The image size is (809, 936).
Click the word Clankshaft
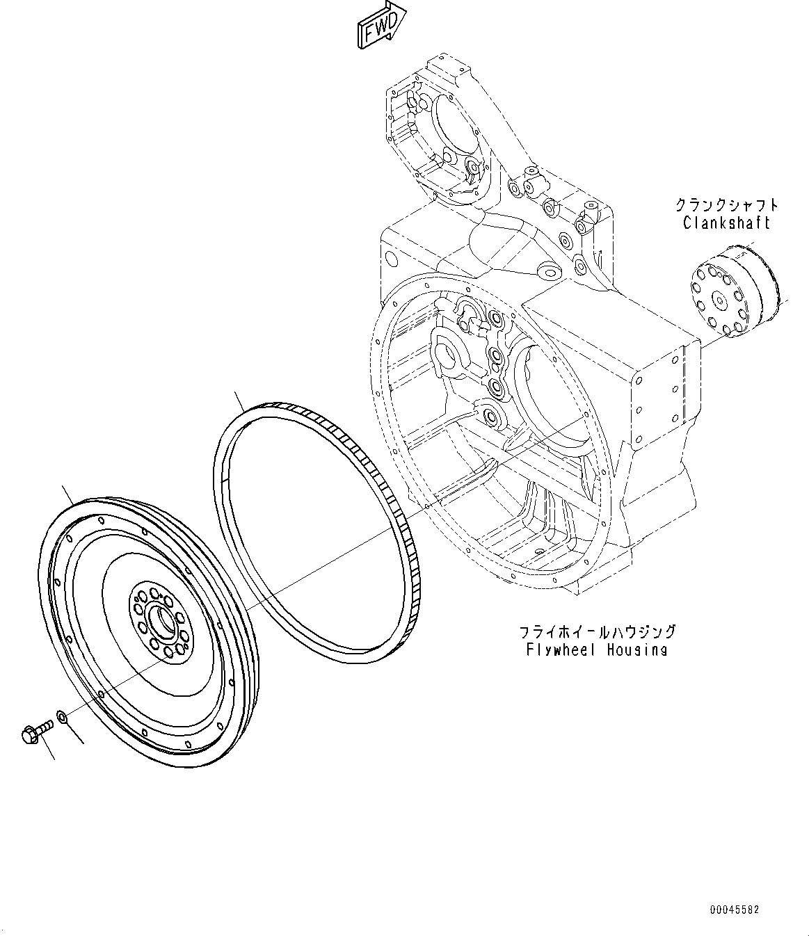[726, 223]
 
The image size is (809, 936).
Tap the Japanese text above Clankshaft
[727, 205]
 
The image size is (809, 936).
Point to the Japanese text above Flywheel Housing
[597, 632]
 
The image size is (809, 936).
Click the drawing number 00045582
[735, 909]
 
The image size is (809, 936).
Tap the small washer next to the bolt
[61, 716]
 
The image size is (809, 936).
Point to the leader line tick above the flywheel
[68, 494]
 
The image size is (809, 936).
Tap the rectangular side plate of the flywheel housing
[661, 393]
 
